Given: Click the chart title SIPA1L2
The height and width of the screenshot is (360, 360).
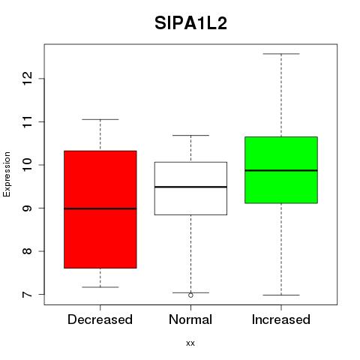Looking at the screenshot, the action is (x=190, y=23).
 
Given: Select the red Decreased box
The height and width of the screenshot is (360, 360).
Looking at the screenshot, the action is (x=100, y=209).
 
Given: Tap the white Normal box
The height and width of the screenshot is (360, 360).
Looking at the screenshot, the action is (x=190, y=188).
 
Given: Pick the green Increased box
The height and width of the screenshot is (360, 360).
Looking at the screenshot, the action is (x=281, y=170).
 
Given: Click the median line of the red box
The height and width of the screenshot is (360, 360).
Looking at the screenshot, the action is (x=100, y=208).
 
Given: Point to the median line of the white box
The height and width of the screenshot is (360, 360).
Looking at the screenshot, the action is (x=190, y=187).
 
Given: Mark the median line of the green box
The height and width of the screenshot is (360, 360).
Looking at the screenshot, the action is (x=281, y=170).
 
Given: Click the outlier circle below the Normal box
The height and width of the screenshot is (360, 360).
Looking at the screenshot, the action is (x=190, y=295).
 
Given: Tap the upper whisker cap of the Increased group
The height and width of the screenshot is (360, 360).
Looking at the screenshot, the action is (x=281, y=54).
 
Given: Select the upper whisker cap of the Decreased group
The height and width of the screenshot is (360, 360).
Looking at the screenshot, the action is (x=100, y=119).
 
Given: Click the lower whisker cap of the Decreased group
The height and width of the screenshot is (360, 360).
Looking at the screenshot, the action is (x=100, y=287).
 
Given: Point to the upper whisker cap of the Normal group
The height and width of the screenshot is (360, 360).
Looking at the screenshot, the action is (x=190, y=135).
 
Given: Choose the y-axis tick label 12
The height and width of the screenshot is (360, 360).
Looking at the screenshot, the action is (x=28, y=79).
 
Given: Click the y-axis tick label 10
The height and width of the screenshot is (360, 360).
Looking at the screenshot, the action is (x=28, y=165).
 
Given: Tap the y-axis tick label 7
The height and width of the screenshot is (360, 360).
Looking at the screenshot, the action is (x=28, y=295).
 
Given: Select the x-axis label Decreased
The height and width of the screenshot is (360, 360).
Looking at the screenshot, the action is (x=100, y=319).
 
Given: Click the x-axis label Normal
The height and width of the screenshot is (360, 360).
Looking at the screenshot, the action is (x=190, y=319).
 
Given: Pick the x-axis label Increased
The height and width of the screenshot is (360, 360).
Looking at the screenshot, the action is (x=281, y=319).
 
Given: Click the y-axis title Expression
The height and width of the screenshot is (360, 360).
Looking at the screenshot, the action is (x=7, y=174).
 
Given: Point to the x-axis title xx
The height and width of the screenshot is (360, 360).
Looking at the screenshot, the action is (x=190, y=343).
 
